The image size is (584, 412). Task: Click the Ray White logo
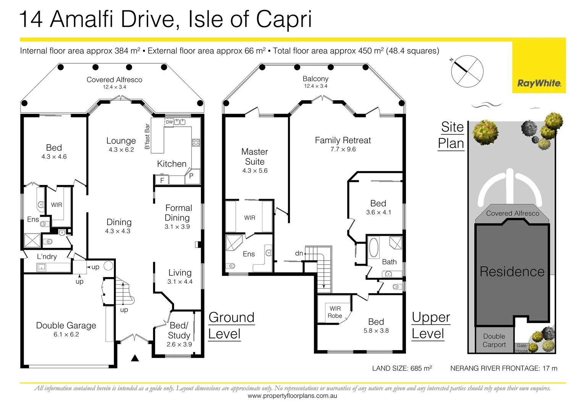click(x=539, y=83)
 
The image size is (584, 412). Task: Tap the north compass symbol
click(x=467, y=71)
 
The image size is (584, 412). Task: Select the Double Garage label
click(x=66, y=325)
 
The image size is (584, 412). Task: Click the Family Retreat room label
click(x=343, y=140)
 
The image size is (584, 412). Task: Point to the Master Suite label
click(x=254, y=157)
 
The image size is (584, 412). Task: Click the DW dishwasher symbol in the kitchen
click(x=169, y=122)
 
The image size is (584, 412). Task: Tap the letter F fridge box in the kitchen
click(x=162, y=180)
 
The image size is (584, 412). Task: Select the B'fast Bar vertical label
click(x=147, y=137)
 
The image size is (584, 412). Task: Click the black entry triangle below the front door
click(x=135, y=358)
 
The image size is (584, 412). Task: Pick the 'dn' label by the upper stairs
click(x=299, y=253)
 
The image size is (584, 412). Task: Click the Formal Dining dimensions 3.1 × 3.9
click(x=177, y=227)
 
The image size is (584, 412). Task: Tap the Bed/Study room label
click(x=179, y=330)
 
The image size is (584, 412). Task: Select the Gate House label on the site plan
click(x=521, y=348)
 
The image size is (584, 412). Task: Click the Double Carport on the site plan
click(x=494, y=340)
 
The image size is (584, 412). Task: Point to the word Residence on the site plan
click(x=512, y=272)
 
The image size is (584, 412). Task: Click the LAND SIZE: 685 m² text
click(x=402, y=368)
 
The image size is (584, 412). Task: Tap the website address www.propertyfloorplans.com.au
click(x=292, y=396)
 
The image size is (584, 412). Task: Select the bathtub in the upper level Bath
click(x=374, y=248)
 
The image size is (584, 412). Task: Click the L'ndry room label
click(x=47, y=257)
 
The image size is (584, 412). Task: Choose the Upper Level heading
click(x=430, y=325)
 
